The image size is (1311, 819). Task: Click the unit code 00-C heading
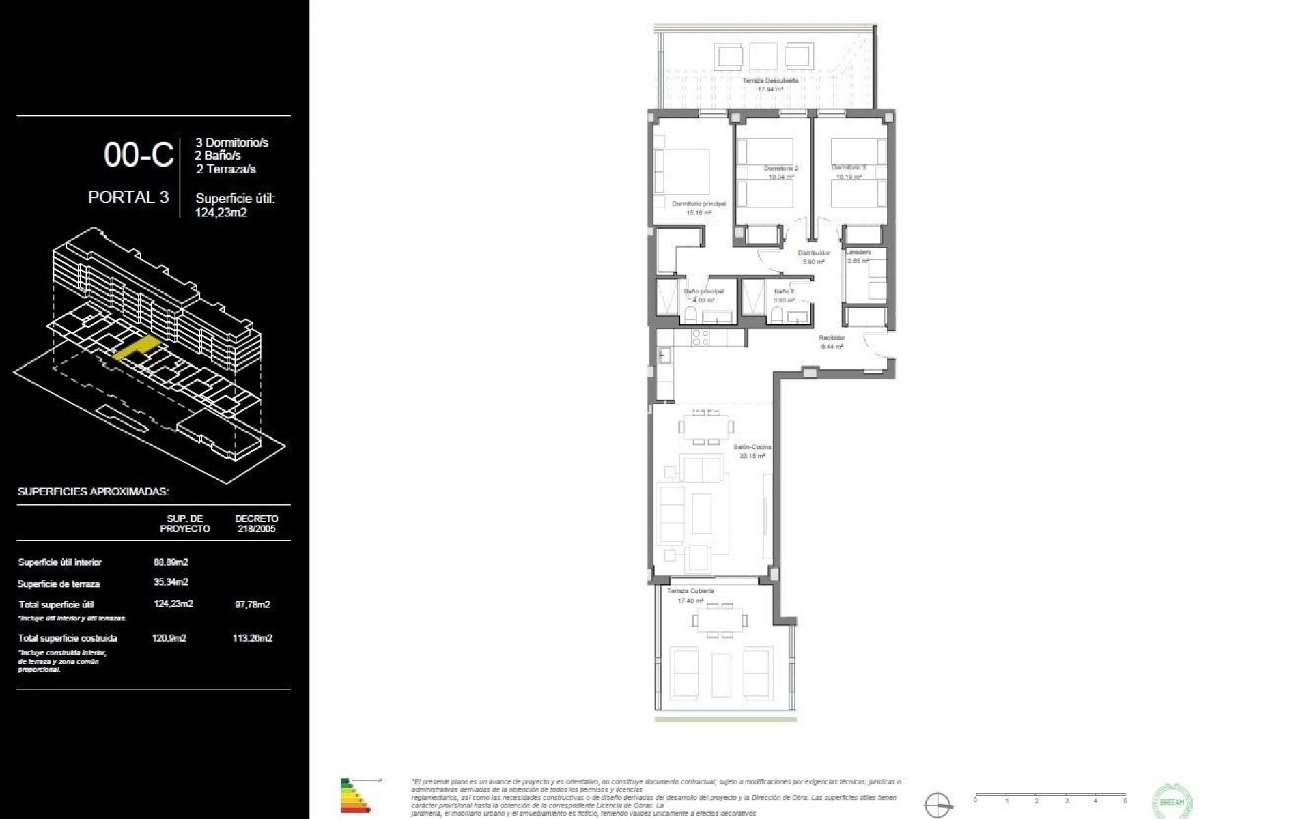[x=139, y=155]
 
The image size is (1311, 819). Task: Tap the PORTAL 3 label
[x=128, y=197]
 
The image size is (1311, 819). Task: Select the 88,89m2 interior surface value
[x=171, y=562]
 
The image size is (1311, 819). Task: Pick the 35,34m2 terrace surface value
[x=171, y=582]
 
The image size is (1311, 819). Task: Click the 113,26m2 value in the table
[x=252, y=638]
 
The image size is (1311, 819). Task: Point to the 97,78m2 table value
[x=252, y=604]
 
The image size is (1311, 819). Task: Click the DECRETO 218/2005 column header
[x=256, y=523]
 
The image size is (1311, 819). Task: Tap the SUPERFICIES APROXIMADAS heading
[x=93, y=491]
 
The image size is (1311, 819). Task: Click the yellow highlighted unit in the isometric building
[x=135, y=347]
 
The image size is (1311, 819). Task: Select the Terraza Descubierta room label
[x=770, y=81]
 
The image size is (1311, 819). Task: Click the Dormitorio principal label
[x=699, y=204]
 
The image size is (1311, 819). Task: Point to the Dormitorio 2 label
[x=781, y=169]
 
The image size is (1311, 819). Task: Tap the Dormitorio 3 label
[x=849, y=168]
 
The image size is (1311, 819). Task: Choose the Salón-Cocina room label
[x=752, y=448]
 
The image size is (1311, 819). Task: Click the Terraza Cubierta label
[x=690, y=591]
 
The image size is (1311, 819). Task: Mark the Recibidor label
[x=832, y=338]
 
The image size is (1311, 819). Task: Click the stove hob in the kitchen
[x=701, y=337]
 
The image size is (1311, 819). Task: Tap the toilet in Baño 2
[x=776, y=315]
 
